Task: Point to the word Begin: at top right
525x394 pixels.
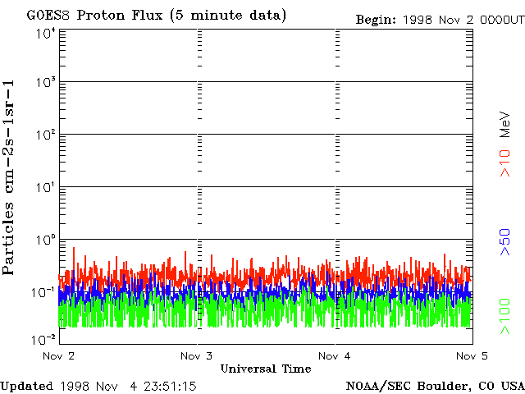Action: click(x=377, y=19)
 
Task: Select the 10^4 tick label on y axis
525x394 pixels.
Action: click(x=44, y=33)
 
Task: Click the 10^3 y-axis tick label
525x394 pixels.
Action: click(x=44, y=82)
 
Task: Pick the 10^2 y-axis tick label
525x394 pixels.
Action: click(x=44, y=135)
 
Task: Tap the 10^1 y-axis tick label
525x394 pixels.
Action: click(x=44, y=187)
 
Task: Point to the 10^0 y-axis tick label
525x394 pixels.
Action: click(x=44, y=240)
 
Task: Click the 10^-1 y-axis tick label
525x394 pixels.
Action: click(x=43, y=292)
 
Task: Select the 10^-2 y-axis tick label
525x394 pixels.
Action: click(x=43, y=340)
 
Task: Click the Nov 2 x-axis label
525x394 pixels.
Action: click(x=59, y=356)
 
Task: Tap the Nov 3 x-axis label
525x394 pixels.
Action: click(x=197, y=356)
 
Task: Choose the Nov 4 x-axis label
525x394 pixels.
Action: click(x=335, y=356)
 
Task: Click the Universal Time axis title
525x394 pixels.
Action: click(x=265, y=369)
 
